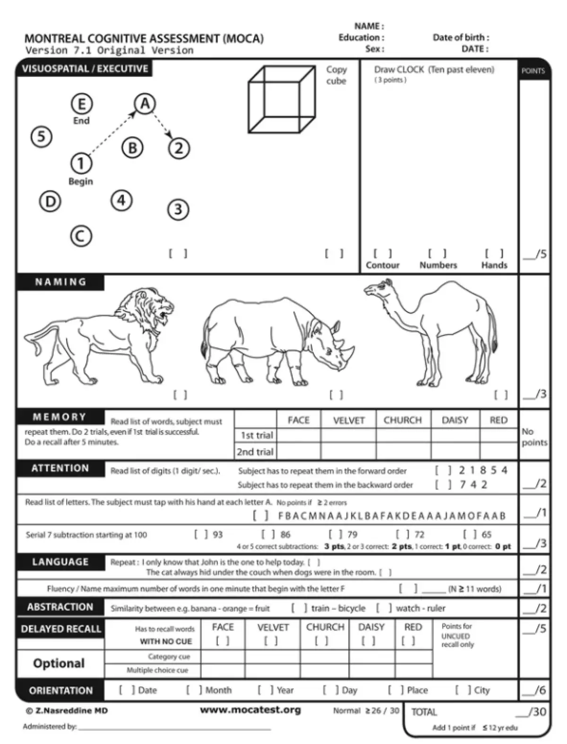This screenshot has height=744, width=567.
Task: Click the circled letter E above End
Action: [81, 104]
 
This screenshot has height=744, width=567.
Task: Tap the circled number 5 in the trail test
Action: [42, 137]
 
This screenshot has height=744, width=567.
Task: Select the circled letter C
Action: [81, 236]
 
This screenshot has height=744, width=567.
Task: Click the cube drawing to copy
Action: [282, 99]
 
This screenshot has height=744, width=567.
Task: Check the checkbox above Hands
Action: [494, 254]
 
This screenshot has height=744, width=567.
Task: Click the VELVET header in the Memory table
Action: [349, 420]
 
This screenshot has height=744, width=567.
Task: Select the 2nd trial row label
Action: [255, 451]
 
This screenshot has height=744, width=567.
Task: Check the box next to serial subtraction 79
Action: [335, 534]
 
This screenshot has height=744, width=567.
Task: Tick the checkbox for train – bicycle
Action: [299, 608]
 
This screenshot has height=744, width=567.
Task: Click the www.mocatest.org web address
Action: [250, 709]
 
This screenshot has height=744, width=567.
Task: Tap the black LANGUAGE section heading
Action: [60, 562]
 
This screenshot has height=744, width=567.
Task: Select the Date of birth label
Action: [461, 37]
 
